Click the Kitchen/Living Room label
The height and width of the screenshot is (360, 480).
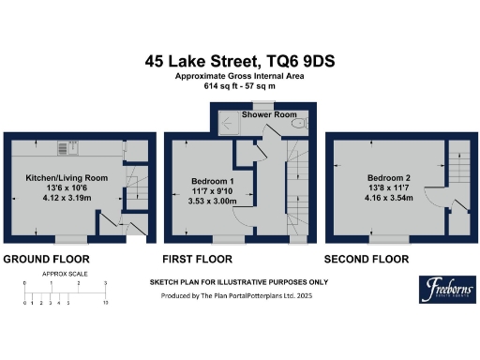(x=66, y=177)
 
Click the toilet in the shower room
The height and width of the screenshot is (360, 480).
(x=298, y=123)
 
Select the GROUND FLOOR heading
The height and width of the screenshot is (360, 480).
(x=46, y=258)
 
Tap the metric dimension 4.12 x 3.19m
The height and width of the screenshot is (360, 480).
(x=66, y=199)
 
